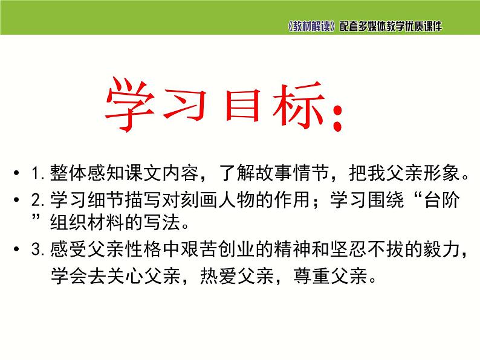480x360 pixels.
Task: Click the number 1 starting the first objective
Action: coord(34,175)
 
